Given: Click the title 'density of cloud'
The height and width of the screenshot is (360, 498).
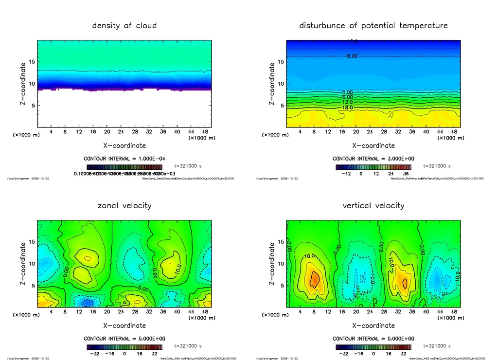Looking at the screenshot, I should tap(124, 25).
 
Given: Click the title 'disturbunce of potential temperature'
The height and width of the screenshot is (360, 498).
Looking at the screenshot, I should tap(373, 25).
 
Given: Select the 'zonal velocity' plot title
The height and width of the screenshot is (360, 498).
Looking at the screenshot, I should tap(124, 205).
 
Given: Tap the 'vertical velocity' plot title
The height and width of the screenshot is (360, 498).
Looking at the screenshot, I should tap(373, 205).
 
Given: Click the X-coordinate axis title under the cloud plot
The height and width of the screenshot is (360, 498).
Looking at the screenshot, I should tap(124, 145).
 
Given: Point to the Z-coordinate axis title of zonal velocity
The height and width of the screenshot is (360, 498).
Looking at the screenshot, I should tap(23, 263).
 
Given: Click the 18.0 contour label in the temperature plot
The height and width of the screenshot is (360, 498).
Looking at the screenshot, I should tap(348, 108).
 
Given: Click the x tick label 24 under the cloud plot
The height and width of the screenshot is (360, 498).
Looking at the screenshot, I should tap(121, 132).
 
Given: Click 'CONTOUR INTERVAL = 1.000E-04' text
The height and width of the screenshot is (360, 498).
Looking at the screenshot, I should tap(124, 159).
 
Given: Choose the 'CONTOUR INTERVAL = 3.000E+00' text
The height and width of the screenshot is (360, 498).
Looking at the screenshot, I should tap(373, 159).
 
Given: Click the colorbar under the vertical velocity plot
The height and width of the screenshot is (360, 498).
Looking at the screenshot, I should tap(373, 347).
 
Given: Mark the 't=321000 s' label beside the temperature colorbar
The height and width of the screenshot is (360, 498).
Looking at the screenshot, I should tap(437, 166).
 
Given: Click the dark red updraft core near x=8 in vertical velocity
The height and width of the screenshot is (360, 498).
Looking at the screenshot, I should tap(315, 279).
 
